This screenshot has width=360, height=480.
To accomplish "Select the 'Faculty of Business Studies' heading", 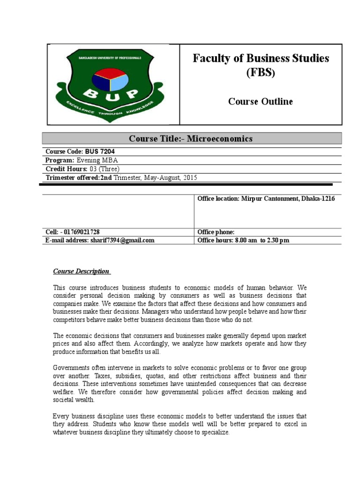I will (x=261, y=59).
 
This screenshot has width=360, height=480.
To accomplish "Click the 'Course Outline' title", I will (x=260, y=101).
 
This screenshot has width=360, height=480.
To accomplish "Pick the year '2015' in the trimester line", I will (x=188, y=177).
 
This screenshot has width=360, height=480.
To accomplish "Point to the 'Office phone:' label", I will (x=216, y=232).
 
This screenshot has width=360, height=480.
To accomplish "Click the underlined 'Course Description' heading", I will (x=81, y=271).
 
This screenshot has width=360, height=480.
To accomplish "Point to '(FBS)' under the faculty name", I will (x=261, y=74).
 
